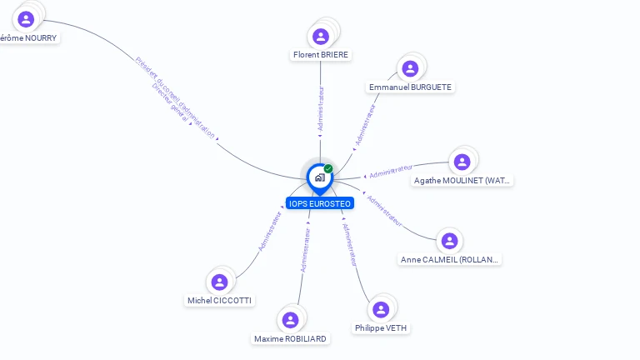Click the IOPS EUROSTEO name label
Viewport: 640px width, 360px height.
click(320, 203)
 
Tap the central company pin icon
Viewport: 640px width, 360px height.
click(319, 177)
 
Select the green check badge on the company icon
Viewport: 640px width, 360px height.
click(328, 169)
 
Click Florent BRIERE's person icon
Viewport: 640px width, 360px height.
click(321, 37)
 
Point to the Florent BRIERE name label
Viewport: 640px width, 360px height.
click(321, 55)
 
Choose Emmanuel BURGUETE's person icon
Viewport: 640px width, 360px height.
click(409, 68)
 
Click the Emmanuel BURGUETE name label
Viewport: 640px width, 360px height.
click(411, 87)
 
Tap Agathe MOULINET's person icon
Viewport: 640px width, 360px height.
click(462, 162)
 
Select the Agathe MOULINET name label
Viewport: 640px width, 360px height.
click(462, 180)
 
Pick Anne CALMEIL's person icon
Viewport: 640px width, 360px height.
click(450, 241)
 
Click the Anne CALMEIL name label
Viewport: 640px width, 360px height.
click(450, 260)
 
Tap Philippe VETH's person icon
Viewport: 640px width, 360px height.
click(381, 310)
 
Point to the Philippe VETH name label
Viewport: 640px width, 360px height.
click(381, 328)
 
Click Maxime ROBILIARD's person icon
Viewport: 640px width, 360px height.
click(290, 320)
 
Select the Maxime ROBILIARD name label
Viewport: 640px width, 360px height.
click(291, 339)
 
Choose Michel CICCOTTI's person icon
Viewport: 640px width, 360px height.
click(219, 282)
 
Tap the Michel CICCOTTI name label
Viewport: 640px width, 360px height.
click(220, 301)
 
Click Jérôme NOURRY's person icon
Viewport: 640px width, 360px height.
click(26, 19)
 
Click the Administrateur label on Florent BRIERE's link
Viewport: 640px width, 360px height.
click(322, 108)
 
